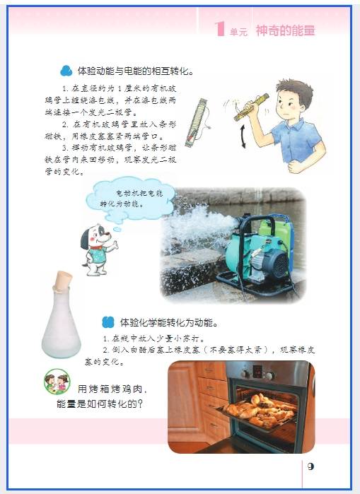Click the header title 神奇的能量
(285, 30)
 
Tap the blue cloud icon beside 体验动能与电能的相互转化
(66, 71)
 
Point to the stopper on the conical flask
(62, 281)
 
